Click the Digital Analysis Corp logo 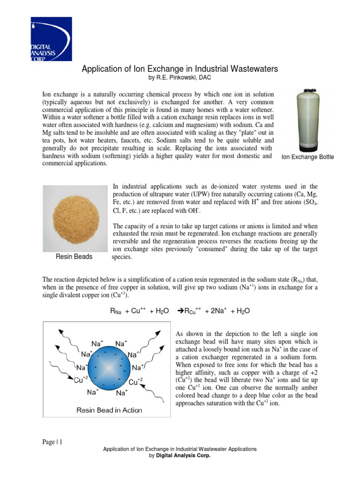51,39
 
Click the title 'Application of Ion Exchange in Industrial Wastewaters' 180,69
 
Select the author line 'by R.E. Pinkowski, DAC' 180,78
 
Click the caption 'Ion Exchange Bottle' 307,157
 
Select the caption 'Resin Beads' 74,257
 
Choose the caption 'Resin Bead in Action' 109,410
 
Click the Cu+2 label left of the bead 82,380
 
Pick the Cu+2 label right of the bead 135,382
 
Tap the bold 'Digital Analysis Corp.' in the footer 183,455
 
